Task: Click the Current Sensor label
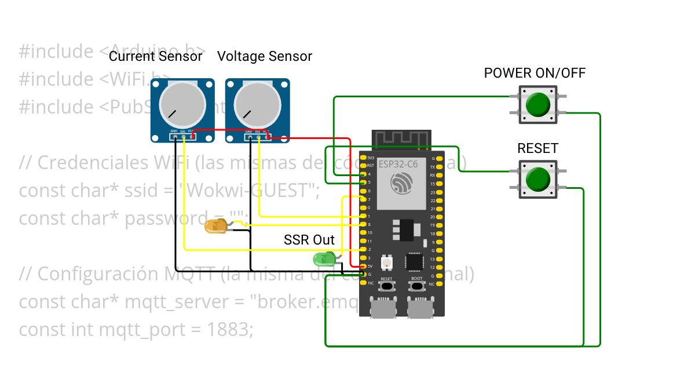(x=156, y=56)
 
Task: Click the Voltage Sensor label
(x=264, y=56)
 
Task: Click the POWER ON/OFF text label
(x=535, y=73)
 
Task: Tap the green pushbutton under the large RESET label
(x=538, y=180)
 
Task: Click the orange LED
(x=216, y=227)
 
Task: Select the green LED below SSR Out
(x=322, y=259)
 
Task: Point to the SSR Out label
(x=309, y=240)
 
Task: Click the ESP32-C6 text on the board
(x=398, y=164)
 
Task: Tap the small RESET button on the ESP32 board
(x=387, y=286)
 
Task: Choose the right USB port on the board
(x=420, y=308)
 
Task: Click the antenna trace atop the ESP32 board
(x=401, y=140)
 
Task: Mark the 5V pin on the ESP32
(x=363, y=266)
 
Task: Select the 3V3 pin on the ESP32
(x=363, y=158)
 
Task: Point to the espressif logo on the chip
(x=401, y=185)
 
